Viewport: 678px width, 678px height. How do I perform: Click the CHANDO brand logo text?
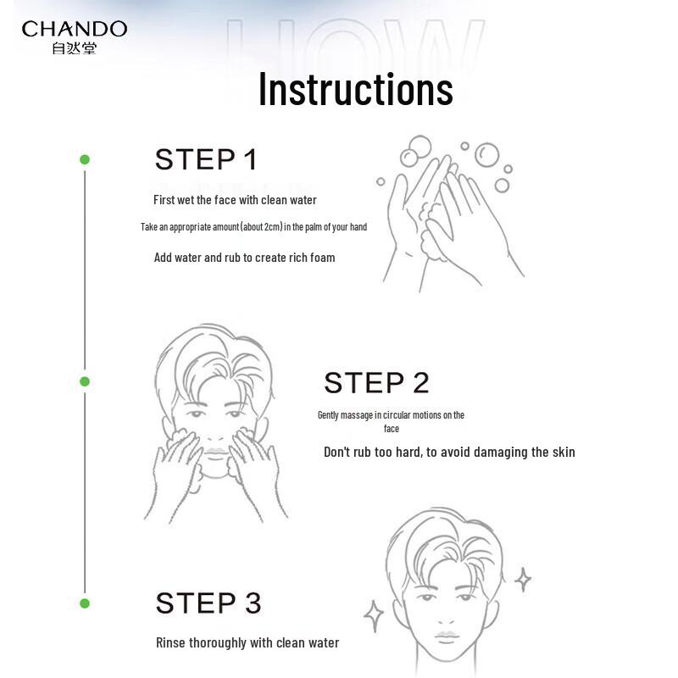click(x=75, y=29)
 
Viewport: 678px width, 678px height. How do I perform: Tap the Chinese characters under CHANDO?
click(x=75, y=48)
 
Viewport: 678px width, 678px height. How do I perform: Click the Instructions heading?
click(x=355, y=89)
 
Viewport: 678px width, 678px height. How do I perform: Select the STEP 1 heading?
click(x=206, y=159)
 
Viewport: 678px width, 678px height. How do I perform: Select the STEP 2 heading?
click(x=376, y=383)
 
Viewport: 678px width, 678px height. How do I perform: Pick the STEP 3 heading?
click(x=208, y=603)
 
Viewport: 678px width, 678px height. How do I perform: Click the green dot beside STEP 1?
click(x=84, y=159)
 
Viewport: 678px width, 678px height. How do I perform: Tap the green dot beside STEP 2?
click(x=84, y=381)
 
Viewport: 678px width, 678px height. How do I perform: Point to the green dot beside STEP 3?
click(x=84, y=603)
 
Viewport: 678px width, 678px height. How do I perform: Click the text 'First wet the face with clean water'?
click(x=235, y=200)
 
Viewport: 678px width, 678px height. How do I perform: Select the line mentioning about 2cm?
click(x=253, y=227)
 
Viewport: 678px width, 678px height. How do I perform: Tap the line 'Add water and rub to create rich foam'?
click(x=244, y=258)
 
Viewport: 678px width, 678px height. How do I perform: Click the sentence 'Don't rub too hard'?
click(x=449, y=452)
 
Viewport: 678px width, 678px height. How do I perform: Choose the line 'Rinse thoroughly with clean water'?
click(x=247, y=643)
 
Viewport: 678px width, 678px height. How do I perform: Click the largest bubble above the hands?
click(x=486, y=154)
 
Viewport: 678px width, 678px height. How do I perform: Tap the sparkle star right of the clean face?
click(x=523, y=579)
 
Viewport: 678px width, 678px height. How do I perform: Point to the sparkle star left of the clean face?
click(x=374, y=616)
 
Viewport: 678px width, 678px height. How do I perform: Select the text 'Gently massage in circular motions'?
click(x=391, y=415)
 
